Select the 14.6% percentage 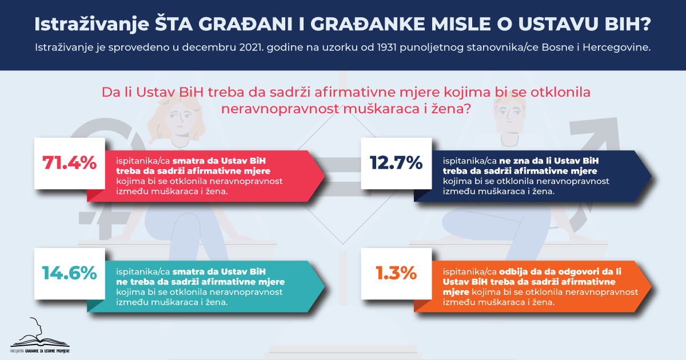click(x=70, y=273)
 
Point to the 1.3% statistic click(x=396, y=273)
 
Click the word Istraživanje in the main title click(x=91, y=25)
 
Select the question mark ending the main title click(x=646, y=24)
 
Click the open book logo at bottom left click(x=40, y=335)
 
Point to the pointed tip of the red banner click(x=325, y=176)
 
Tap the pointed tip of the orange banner click(x=651, y=286)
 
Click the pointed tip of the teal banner click(x=325, y=286)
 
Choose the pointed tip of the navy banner click(x=651, y=176)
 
